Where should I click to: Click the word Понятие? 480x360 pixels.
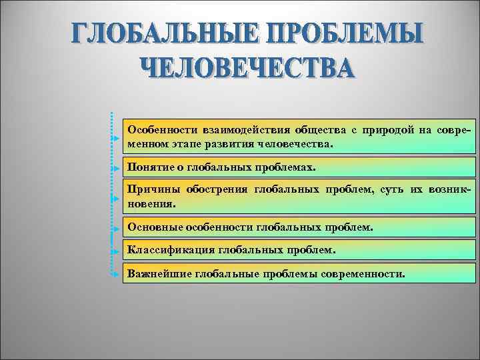(151, 167)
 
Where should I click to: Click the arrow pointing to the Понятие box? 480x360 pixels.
(115, 168)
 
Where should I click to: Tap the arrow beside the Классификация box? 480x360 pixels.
(115, 251)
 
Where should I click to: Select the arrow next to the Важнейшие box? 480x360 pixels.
(115, 274)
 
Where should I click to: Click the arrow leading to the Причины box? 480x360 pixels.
(115, 199)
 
